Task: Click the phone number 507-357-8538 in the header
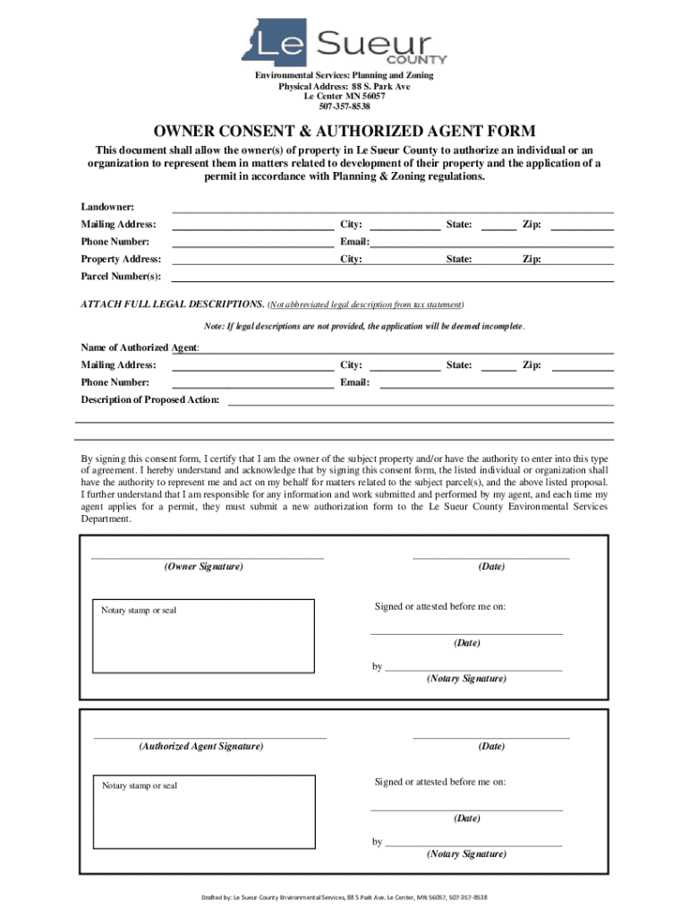tap(344, 107)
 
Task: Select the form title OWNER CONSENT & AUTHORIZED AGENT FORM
tap(344, 132)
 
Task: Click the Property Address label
tap(121, 259)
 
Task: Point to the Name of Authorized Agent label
tap(140, 347)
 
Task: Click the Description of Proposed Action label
tap(150, 399)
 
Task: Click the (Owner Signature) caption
tap(203, 567)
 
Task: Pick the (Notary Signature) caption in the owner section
tap(466, 679)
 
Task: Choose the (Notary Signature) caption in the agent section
tap(466, 853)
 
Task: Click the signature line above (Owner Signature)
tap(208, 558)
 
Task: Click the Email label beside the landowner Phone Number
tap(354, 242)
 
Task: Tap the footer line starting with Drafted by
tap(344, 897)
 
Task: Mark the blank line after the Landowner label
tap(392, 210)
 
